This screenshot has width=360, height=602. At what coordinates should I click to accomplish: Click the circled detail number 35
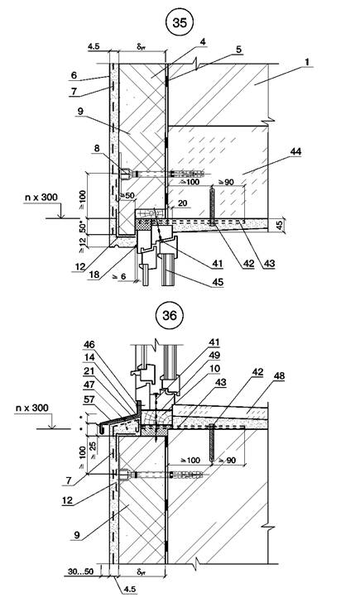[180, 22]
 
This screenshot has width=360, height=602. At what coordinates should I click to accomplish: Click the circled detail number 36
[169, 315]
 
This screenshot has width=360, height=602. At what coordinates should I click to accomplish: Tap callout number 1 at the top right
[306, 61]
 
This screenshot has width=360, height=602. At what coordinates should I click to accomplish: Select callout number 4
[203, 41]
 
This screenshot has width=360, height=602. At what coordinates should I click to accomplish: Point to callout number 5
[238, 50]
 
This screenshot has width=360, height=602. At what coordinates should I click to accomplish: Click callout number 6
[74, 75]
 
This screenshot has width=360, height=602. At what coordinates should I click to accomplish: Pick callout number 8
[97, 148]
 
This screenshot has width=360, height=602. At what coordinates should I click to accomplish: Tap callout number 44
[295, 151]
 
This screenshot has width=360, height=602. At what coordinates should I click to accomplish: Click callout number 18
[94, 275]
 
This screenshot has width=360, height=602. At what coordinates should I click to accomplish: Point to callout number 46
[89, 345]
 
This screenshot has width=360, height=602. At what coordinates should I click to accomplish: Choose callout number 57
[89, 399]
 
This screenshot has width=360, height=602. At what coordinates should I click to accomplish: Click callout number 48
[280, 376]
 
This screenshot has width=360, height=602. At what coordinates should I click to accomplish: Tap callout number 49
[214, 356]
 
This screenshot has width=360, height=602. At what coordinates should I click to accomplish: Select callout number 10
[214, 369]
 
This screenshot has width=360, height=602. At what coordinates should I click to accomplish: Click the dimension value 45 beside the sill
[280, 225]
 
